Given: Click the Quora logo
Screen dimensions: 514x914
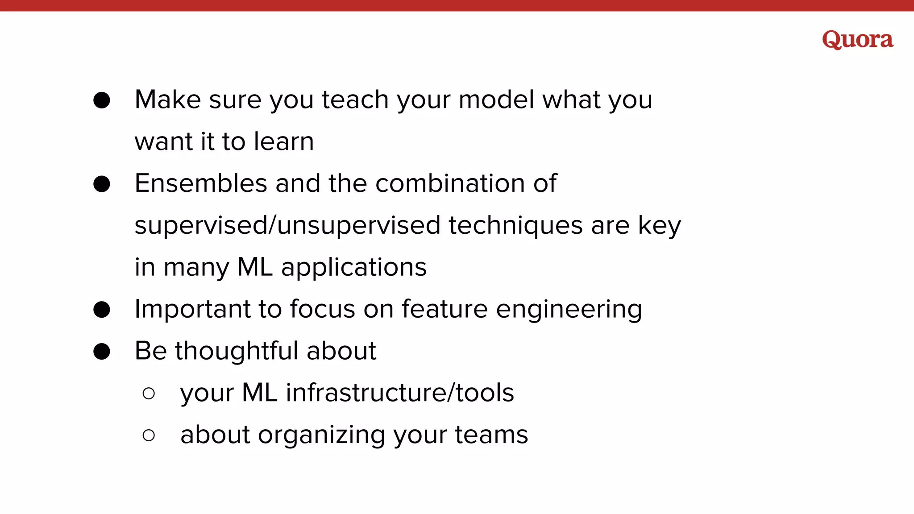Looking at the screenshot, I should (857, 40).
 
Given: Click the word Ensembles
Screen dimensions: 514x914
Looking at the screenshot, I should (201, 183).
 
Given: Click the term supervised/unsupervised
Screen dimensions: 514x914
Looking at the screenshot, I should (287, 225).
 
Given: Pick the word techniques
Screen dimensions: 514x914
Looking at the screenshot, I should (515, 225).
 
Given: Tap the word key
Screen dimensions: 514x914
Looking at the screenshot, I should (659, 225).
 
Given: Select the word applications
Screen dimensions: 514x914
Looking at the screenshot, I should (353, 267).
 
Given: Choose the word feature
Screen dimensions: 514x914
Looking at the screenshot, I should (445, 309).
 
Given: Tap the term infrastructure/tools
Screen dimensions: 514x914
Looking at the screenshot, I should (399, 393).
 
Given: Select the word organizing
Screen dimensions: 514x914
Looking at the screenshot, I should (321, 435).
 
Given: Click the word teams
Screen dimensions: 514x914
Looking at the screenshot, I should (491, 435).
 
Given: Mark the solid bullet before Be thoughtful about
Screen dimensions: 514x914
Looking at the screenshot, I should (102, 351).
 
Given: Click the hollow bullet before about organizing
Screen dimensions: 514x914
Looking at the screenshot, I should (149, 435).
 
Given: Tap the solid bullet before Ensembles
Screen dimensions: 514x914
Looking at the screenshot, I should (102, 184).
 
